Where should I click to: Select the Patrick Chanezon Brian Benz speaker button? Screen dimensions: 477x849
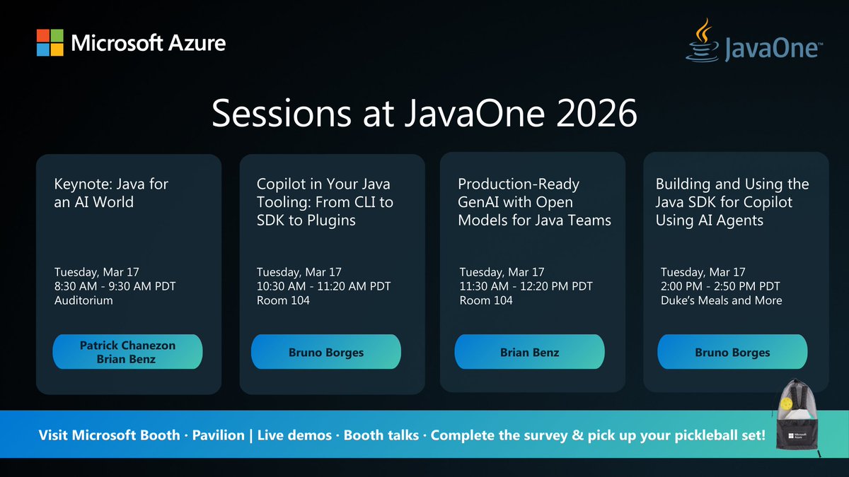pos(127,352)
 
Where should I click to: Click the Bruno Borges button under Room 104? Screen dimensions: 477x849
pos(326,352)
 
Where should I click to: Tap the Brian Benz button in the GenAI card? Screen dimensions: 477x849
pos(529,352)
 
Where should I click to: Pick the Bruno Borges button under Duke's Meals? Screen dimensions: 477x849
pos(732,352)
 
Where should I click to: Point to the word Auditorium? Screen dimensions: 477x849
pos(83,300)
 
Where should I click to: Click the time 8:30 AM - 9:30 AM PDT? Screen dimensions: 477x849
pos(115,286)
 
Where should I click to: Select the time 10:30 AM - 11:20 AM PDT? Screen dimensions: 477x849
pos(323,286)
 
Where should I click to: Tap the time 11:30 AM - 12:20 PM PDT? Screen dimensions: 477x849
pos(526,286)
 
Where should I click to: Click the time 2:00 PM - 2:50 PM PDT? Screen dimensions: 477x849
pos(720,286)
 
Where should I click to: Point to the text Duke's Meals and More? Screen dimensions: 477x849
pos(722,300)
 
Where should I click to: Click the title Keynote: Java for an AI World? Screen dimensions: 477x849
pos(112,193)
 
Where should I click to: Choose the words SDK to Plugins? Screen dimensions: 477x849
pos(306,220)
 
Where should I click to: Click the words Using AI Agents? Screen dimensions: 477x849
pos(710,220)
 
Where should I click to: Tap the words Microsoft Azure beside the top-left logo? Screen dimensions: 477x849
pos(149,43)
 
